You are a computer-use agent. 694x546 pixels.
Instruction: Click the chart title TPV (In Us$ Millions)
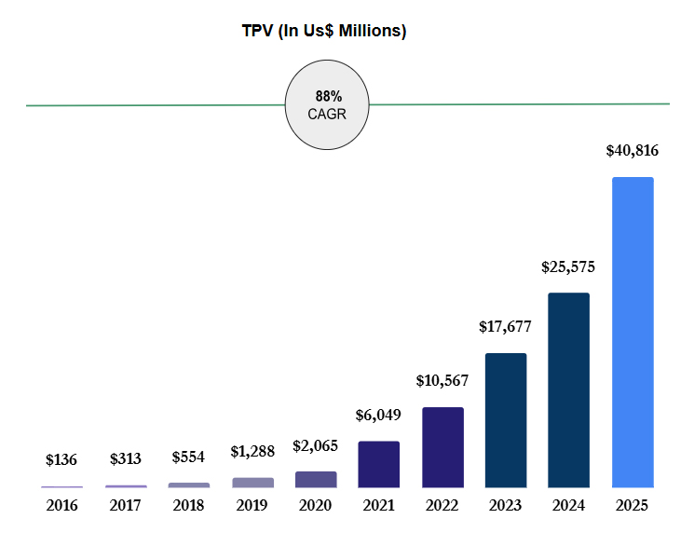(x=324, y=31)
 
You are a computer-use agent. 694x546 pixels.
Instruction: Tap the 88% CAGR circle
(x=327, y=104)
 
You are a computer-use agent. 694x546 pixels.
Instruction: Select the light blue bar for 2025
(x=632, y=332)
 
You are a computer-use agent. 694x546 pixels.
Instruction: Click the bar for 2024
(x=568, y=389)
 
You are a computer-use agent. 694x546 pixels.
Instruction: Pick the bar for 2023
(x=506, y=419)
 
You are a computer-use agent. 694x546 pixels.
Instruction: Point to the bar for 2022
(x=442, y=447)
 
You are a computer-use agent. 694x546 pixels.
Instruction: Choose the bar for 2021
(x=379, y=464)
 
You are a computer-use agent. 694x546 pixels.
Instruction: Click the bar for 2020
(x=316, y=479)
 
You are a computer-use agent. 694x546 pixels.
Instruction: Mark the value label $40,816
(x=632, y=150)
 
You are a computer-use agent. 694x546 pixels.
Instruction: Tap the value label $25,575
(x=568, y=266)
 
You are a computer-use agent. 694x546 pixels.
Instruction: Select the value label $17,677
(x=506, y=327)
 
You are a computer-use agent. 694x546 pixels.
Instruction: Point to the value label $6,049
(x=379, y=416)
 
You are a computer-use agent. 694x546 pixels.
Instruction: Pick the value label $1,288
(x=252, y=452)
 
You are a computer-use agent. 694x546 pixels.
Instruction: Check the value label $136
(x=61, y=459)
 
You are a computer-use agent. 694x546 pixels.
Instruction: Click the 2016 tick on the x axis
(x=61, y=506)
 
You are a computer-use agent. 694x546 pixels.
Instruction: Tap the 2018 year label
(x=189, y=506)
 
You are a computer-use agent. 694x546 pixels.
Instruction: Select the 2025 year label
(x=632, y=506)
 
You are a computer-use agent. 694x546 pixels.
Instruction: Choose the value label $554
(x=189, y=457)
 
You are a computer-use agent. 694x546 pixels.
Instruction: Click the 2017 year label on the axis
(x=126, y=506)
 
